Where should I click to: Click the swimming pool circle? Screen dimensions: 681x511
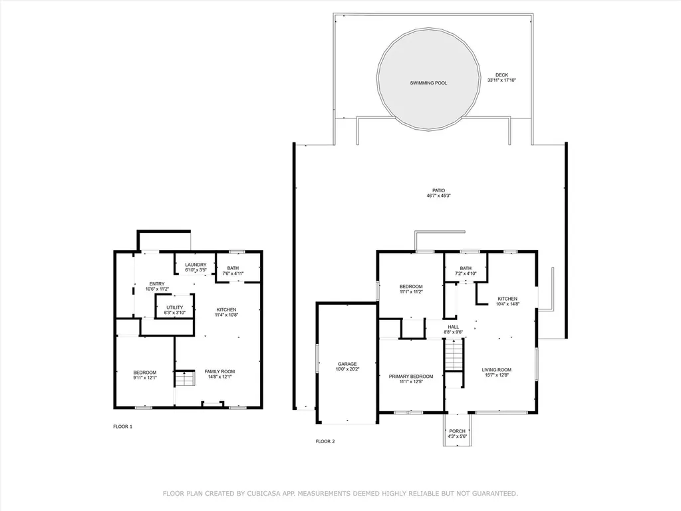428,80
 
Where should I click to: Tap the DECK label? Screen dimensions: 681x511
501,75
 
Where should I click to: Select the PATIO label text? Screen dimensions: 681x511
439,190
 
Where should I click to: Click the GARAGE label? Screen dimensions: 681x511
347,364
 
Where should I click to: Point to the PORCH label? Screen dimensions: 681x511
458,431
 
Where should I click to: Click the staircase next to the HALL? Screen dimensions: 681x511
454,355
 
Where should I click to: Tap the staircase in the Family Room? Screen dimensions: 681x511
185,379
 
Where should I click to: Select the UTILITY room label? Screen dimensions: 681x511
175,307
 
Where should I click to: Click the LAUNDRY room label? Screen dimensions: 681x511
196,265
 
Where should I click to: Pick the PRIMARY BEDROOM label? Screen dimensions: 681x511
411,377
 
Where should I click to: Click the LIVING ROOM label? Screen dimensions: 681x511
496,370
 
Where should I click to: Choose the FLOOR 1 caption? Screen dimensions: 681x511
123,426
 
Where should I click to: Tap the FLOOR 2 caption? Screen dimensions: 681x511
325,442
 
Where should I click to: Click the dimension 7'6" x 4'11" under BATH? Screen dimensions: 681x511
233,273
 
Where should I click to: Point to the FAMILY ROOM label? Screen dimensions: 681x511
219,371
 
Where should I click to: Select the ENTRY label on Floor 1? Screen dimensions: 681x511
157,283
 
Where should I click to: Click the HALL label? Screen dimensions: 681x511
454,327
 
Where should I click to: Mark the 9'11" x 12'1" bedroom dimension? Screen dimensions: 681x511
145,378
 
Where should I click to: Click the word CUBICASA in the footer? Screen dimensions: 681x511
263,494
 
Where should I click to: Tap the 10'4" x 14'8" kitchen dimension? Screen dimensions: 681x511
507,304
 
